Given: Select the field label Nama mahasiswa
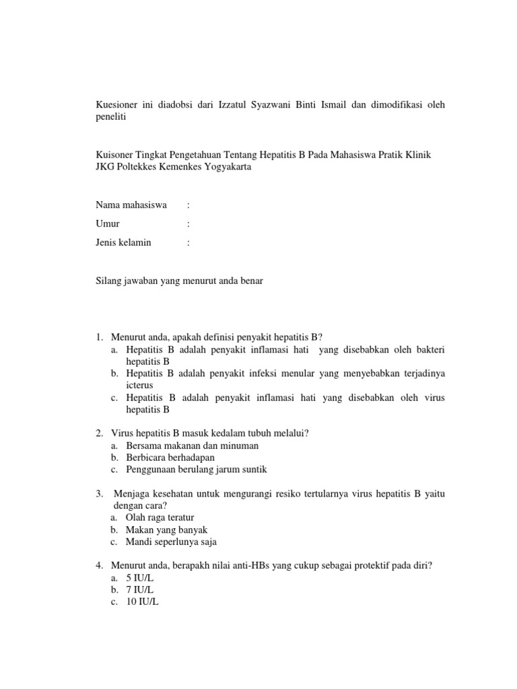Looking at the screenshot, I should click(131, 205).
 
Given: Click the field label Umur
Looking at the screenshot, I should click(108, 223).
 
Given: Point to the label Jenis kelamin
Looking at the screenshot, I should click(124, 242).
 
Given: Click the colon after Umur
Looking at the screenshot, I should click(188, 223).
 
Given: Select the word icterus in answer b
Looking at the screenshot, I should click(140, 386).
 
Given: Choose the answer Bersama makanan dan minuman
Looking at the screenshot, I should click(192, 445).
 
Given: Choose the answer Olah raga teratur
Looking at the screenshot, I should click(160, 517).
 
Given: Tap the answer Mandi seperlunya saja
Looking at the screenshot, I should click(171, 542).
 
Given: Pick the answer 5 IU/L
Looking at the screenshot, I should click(140, 578).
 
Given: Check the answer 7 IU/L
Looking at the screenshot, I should click(140, 590).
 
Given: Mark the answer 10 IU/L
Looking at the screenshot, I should click(142, 602).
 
